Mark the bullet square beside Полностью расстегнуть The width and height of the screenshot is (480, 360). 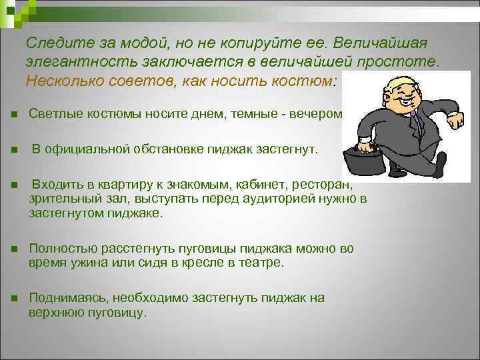pos(13,249)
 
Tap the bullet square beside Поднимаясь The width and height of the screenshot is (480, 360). pos(13,298)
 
